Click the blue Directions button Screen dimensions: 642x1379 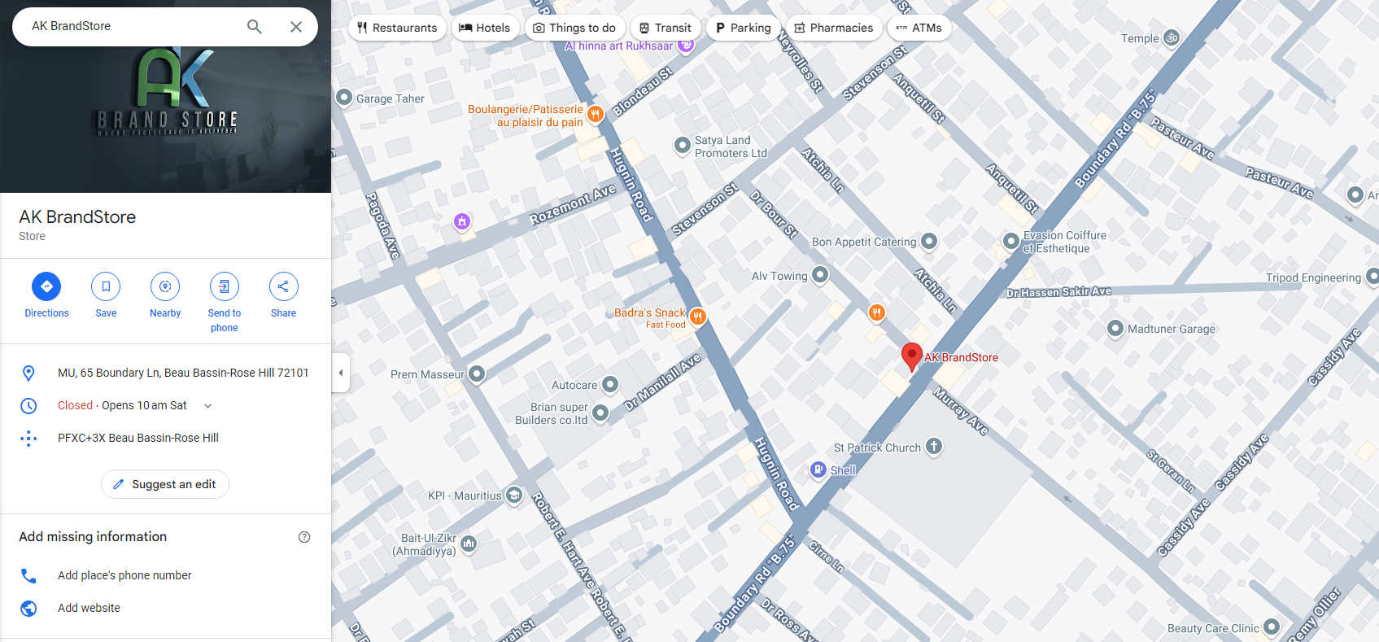(x=46, y=286)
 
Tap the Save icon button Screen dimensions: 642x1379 (x=106, y=286)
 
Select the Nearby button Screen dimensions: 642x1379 (x=165, y=286)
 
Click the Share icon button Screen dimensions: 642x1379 (x=283, y=286)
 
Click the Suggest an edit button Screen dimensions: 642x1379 (x=165, y=484)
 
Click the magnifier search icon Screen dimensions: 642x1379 (x=255, y=27)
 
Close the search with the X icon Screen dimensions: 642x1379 (x=296, y=27)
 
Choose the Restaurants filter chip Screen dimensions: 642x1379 (x=397, y=28)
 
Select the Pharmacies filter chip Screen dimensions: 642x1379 (x=833, y=28)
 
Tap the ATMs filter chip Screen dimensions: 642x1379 (x=919, y=28)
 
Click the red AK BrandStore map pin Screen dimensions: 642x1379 (x=911, y=356)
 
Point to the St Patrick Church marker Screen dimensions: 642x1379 (x=934, y=446)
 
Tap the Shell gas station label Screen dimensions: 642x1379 (x=842, y=470)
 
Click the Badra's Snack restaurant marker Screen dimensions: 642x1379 (x=697, y=316)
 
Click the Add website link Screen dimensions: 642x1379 (x=89, y=608)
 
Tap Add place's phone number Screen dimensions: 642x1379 (x=124, y=575)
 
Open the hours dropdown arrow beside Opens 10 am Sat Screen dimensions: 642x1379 (x=207, y=405)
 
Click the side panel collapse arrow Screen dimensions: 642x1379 (x=341, y=373)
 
